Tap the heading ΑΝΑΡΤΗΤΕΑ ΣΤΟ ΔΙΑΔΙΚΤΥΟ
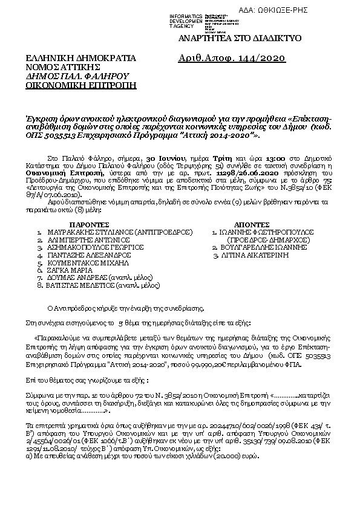[237, 38]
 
